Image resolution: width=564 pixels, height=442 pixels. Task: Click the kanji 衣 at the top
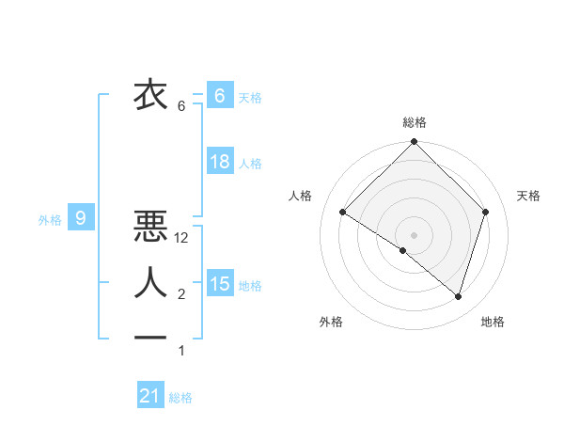[150, 95]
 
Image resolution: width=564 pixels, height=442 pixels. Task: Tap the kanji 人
[150, 283]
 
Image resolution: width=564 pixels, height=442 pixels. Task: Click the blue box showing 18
[220, 162]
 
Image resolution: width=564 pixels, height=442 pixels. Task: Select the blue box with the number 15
[220, 283]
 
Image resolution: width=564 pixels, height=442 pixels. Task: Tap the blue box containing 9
[81, 219]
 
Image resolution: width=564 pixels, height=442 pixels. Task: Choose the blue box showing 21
[150, 396]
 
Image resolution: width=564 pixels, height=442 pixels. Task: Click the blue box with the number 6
[220, 95]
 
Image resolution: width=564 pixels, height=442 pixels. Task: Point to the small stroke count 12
[182, 239]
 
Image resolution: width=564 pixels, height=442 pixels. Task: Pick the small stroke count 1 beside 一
[181, 351]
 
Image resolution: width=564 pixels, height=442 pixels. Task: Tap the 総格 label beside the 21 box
[180, 398]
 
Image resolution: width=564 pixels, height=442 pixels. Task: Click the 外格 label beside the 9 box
[50, 220]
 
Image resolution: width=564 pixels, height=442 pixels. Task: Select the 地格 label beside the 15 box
[251, 285]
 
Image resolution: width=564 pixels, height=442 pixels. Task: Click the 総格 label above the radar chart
[415, 122]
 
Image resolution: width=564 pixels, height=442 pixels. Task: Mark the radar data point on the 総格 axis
[415, 142]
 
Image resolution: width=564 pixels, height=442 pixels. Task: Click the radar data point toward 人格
[343, 213]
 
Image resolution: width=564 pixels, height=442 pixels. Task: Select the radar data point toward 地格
[458, 296]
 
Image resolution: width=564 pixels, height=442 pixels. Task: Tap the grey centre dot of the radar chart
[415, 234]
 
